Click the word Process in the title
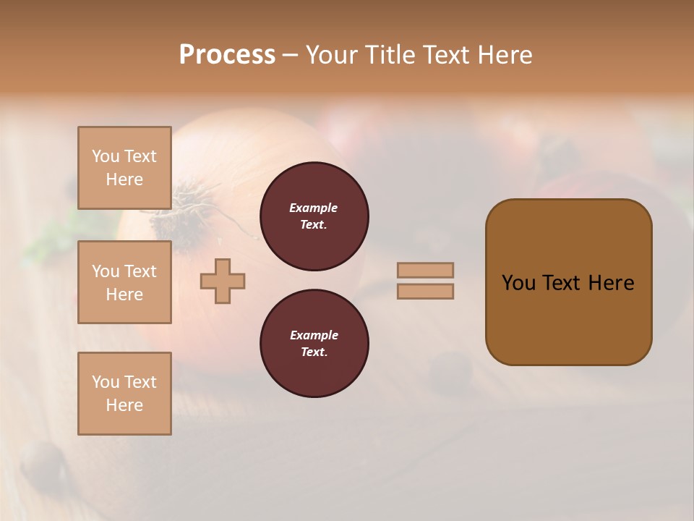[227, 55]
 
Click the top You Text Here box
[124, 168]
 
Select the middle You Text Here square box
[124, 282]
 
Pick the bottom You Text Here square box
[124, 394]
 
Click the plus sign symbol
[223, 281]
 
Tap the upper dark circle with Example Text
[314, 216]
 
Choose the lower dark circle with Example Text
[314, 344]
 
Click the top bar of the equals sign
[425, 270]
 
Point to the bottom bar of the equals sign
[425, 291]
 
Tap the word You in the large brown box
[518, 283]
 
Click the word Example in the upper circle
[314, 208]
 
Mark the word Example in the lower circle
[314, 335]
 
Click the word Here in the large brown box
[611, 283]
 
